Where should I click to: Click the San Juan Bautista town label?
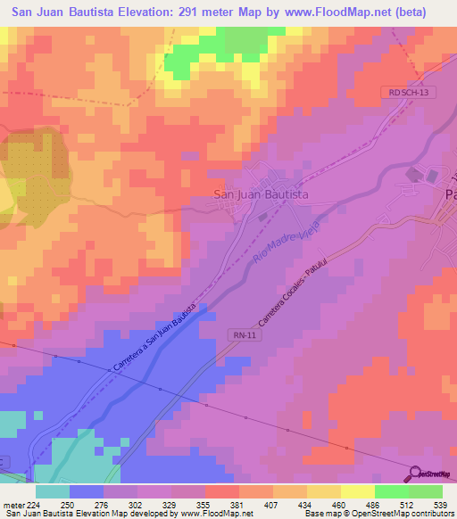tap(261, 194)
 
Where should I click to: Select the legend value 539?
tap(437, 504)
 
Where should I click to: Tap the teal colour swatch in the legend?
tap(53, 491)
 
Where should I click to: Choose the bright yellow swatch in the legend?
tap(357, 491)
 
